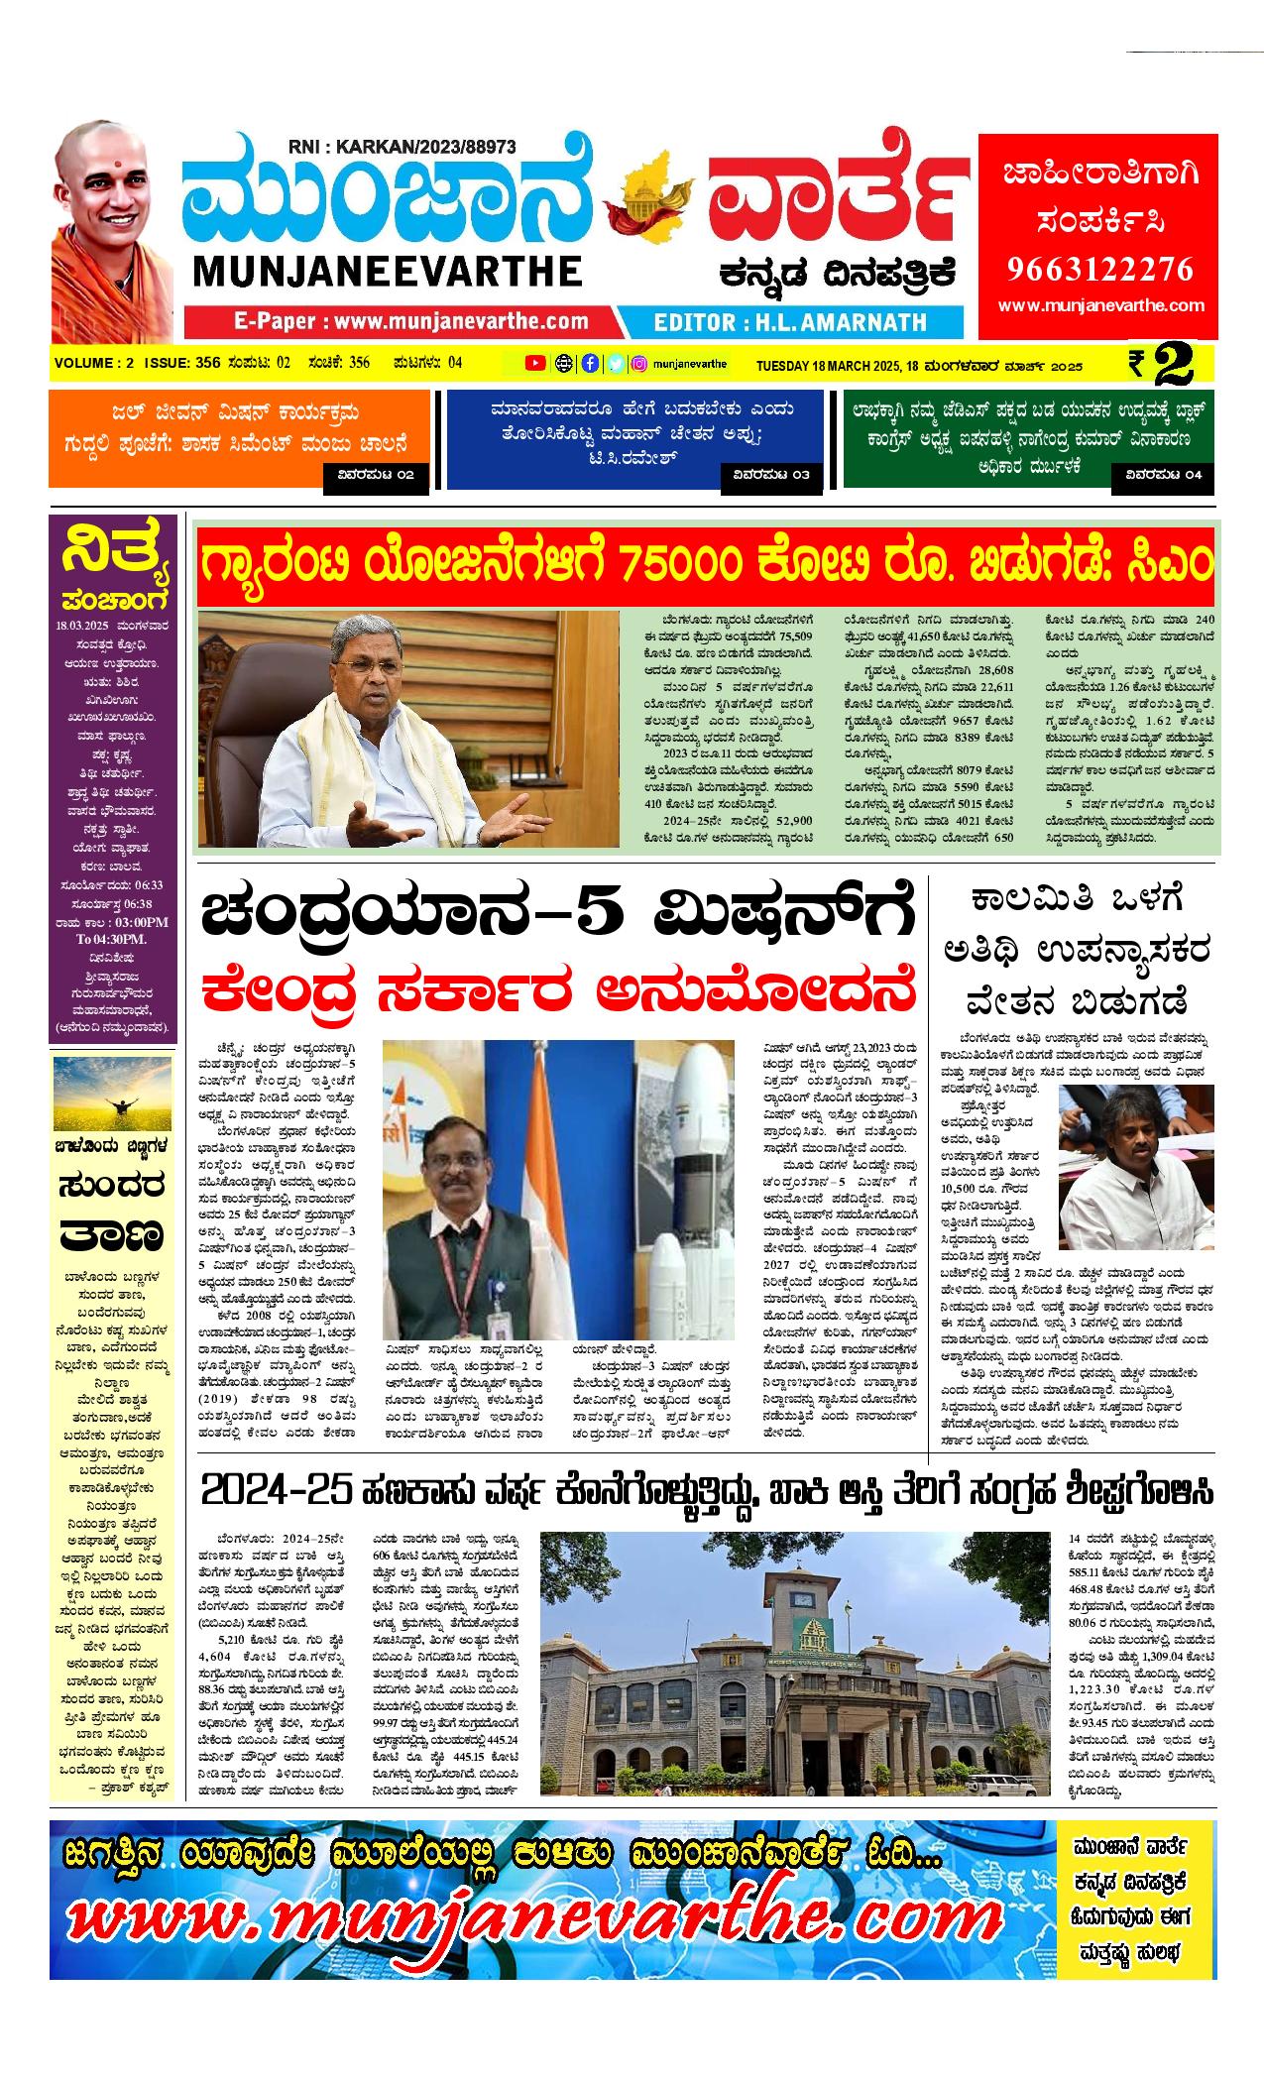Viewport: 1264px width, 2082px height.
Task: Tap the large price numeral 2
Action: pyautogui.click(x=1173, y=364)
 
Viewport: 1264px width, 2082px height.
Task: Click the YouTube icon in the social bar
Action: pyautogui.click(x=534, y=363)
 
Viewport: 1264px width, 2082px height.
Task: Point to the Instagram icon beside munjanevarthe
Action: pyautogui.click(x=640, y=363)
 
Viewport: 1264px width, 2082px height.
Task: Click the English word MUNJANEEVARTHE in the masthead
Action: pyautogui.click(x=381, y=271)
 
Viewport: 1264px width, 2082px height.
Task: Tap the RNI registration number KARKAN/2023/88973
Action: pyautogui.click(x=402, y=147)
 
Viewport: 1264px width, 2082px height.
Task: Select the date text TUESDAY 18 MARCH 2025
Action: pyautogui.click(x=829, y=366)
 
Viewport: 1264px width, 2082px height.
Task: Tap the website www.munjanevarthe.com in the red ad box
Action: pyautogui.click(x=1100, y=306)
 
